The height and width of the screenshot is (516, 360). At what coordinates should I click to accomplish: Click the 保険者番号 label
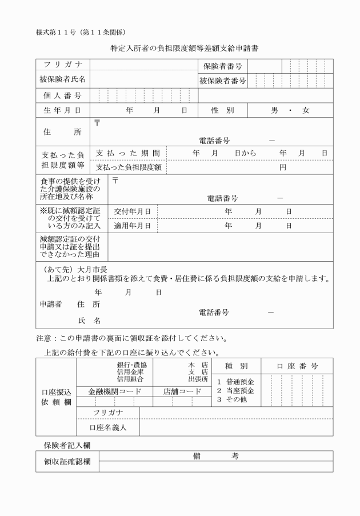(x=223, y=67)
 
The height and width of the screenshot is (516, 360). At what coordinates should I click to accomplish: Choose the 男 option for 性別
(x=274, y=110)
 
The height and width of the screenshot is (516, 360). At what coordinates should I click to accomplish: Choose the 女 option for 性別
(x=306, y=110)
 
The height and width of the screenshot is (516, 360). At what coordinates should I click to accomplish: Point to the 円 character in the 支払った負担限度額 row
(x=282, y=167)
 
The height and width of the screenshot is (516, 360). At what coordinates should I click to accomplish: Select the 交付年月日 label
(x=132, y=211)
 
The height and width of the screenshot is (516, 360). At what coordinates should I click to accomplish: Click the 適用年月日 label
(x=132, y=226)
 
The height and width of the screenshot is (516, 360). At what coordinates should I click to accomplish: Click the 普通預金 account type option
(x=239, y=381)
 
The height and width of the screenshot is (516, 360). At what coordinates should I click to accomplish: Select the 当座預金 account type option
(x=239, y=390)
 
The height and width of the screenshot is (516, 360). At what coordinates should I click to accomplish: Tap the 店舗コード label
(x=182, y=391)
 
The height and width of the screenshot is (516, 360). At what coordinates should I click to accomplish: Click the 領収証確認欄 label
(x=68, y=461)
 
